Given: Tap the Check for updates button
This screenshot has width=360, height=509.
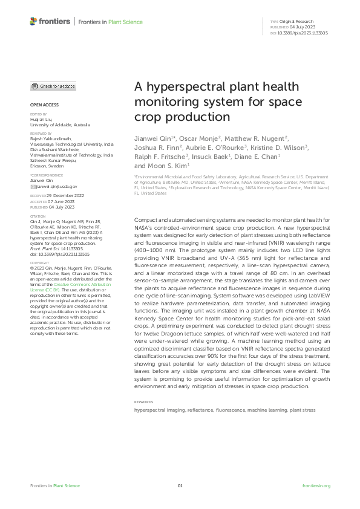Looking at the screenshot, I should pos(53,86).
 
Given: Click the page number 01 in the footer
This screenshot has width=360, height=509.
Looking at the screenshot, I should pos(180,486).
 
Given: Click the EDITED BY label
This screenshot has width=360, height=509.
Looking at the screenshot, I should pos(38,114).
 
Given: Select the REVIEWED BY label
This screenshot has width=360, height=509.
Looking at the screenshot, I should pos(41,132).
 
